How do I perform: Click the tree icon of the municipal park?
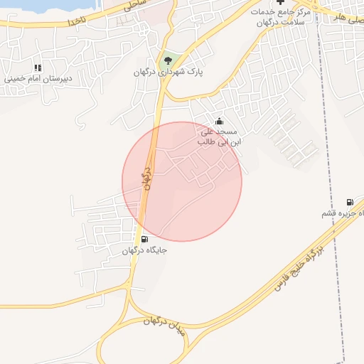click(168, 60)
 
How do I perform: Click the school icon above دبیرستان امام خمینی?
click(38, 68)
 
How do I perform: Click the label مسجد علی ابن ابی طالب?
click(221, 136)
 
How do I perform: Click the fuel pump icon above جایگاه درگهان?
click(145, 239)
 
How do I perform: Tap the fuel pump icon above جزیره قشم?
click(349, 201)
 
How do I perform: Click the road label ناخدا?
click(77, 21)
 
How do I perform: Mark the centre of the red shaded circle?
click(182, 181)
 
